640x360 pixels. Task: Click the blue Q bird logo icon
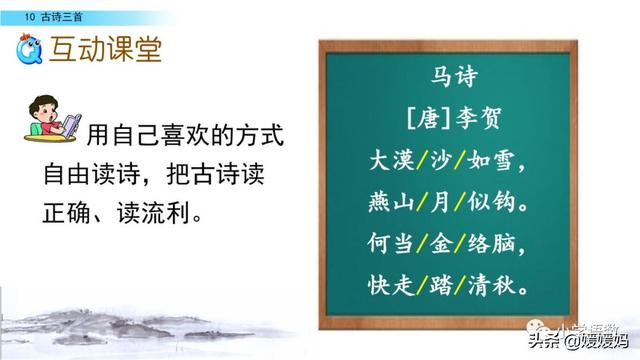tap(31, 49)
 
